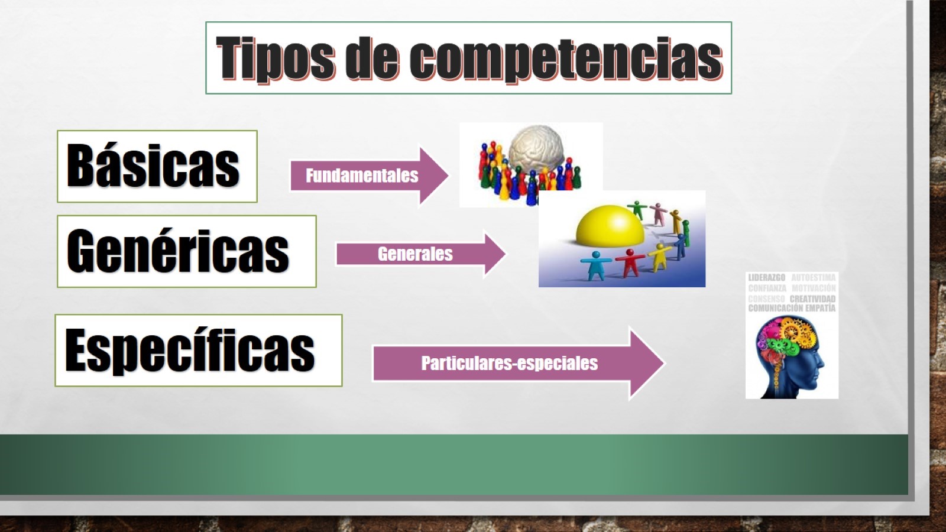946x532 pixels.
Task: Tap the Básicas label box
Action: [x=157, y=166]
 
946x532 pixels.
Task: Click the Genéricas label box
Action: [x=186, y=251]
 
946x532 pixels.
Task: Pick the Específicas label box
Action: [x=198, y=351]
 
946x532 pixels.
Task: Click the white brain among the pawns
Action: [x=536, y=147]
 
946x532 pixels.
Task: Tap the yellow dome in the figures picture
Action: [x=610, y=226]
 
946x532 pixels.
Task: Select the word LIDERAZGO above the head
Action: [x=766, y=277]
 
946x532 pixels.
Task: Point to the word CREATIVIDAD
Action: [x=812, y=299]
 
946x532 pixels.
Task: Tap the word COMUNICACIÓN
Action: [x=775, y=308]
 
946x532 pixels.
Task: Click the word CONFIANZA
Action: [x=767, y=288]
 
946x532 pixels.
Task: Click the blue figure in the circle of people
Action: [x=595, y=264]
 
